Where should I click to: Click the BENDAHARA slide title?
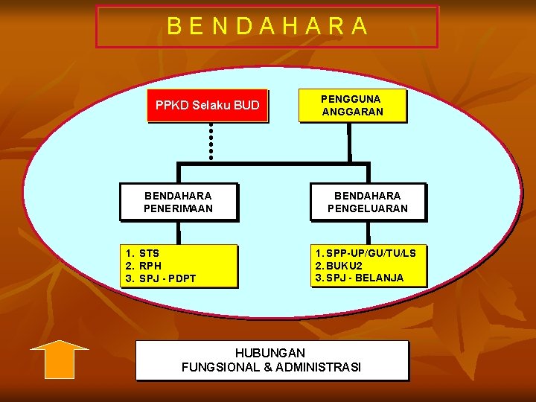(x=267, y=27)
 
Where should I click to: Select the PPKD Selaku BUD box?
(x=207, y=106)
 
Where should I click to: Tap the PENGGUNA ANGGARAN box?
(x=352, y=105)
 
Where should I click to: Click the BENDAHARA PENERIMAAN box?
(x=178, y=202)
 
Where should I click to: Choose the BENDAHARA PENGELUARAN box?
(x=368, y=202)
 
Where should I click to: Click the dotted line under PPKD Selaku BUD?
(x=211, y=141)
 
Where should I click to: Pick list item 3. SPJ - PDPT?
(x=161, y=278)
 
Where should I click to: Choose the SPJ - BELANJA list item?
(x=360, y=278)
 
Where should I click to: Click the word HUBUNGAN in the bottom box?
(x=270, y=352)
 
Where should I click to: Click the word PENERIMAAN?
(x=178, y=208)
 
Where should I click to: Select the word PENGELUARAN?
(x=368, y=208)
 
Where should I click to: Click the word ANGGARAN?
(x=352, y=112)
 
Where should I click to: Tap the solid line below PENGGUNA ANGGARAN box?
(x=348, y=141)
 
